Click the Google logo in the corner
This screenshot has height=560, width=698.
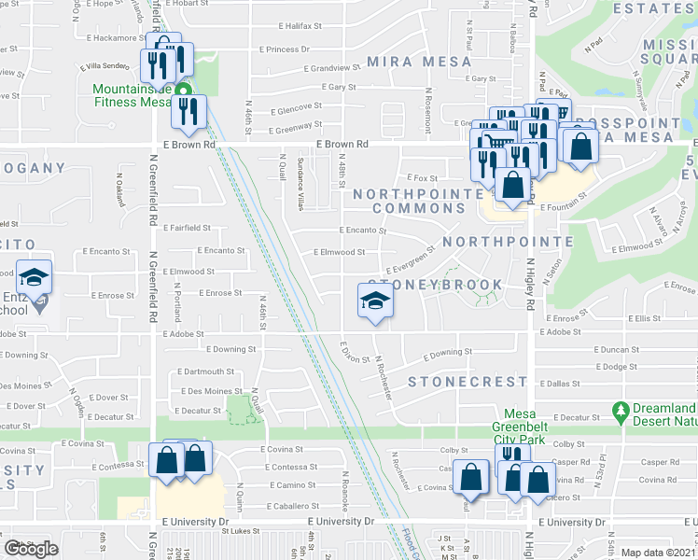coord(31,549)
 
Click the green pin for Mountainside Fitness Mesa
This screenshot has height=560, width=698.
coord(184,91)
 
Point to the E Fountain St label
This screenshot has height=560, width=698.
coord(562,195)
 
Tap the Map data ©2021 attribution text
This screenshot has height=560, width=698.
coord(659,553)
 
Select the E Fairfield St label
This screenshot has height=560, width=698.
coord(187,227)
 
